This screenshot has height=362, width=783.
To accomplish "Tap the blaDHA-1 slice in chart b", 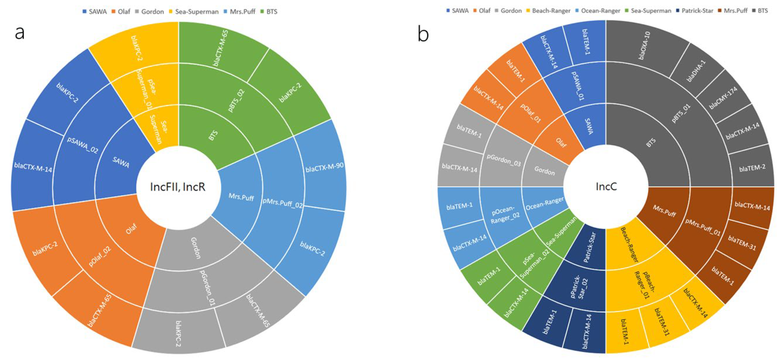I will [696, 71].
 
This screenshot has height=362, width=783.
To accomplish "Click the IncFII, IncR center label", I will [178, 187].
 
